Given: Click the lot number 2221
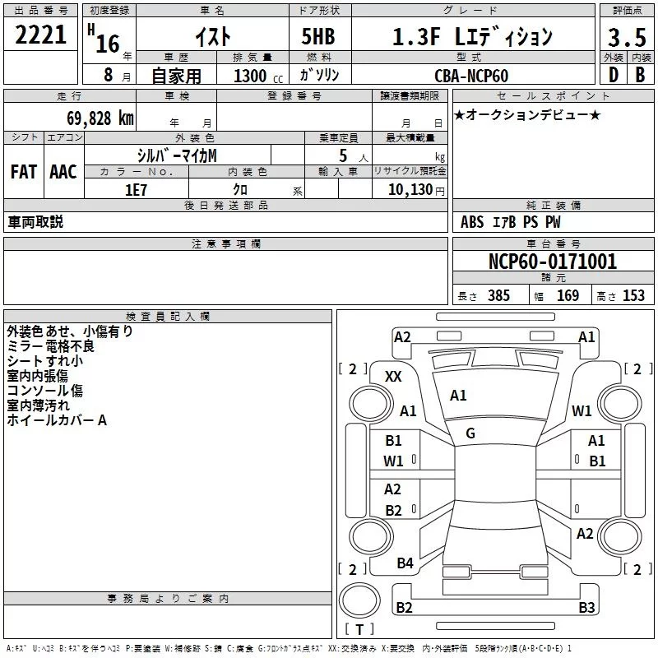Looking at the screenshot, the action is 40,35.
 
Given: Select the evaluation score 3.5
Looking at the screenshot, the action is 627,38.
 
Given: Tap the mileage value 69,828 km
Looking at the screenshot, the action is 100,118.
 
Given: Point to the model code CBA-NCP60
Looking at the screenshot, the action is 471,76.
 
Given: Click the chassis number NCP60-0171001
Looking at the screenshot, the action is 553,262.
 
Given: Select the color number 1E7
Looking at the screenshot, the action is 136,190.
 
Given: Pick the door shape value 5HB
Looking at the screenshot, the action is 318,36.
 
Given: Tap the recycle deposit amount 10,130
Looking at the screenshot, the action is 410,190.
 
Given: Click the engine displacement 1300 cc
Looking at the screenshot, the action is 258,76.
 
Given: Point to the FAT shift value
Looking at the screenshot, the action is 24,172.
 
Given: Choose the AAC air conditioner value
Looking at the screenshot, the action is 63,172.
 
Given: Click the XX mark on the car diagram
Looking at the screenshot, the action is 393,377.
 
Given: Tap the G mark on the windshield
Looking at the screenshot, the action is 470,433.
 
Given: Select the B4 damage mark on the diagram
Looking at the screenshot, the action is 405,563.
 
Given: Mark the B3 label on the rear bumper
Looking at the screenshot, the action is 586,607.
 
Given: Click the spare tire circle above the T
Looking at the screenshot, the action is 359,600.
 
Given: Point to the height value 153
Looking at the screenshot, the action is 633,295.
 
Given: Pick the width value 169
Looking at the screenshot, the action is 568,295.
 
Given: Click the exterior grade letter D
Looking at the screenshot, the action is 614,75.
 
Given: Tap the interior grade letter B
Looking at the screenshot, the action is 641,75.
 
